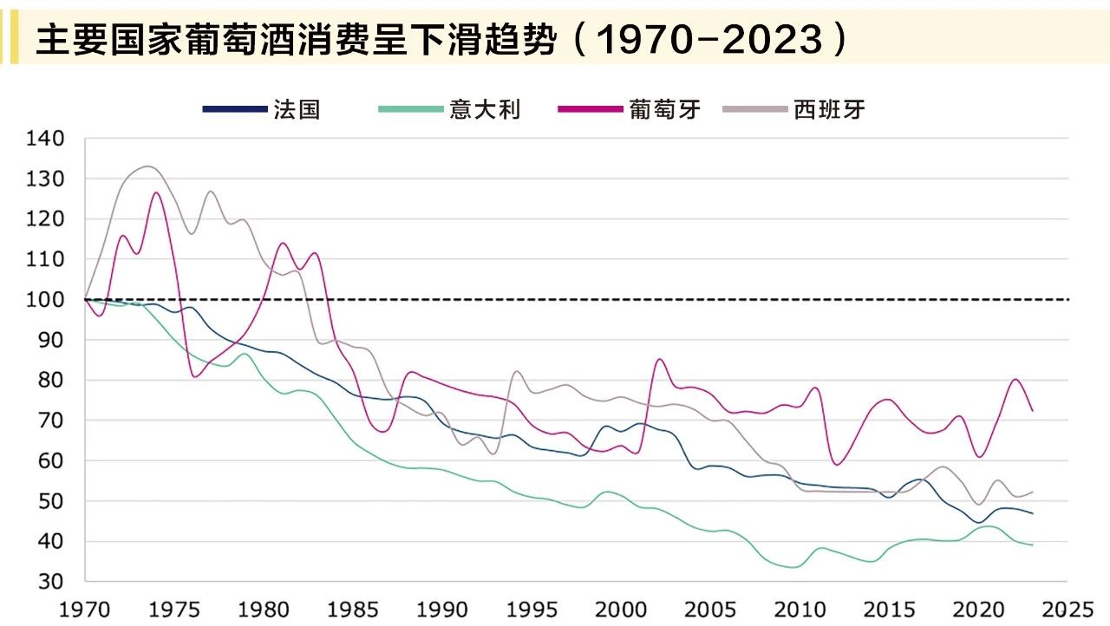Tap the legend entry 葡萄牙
[665, 109]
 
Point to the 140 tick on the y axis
[46, 139]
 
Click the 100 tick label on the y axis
[46, 300]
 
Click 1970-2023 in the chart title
[710, 40]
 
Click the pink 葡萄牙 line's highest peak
[156, 192]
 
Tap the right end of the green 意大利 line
[1032, 544]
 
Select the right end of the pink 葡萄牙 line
[1032, 410]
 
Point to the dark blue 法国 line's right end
[1032, 513]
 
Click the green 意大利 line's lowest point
[793, 567]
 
